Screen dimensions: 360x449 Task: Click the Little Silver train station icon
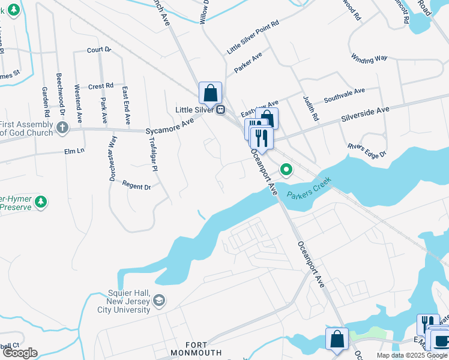tap(221, 110)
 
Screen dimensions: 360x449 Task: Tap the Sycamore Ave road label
tap(171, 126)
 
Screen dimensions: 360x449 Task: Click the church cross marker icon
tap(62, 127)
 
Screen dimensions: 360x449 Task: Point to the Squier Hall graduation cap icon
tap(159, 301)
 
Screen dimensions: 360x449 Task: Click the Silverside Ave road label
tap(366, 114)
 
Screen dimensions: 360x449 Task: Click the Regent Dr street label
tap(136, 186)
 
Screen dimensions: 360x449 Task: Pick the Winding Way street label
tap(369, 59)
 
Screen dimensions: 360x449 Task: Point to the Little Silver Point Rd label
tap(253, 38)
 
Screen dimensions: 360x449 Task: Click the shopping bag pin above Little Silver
tap(210, 93)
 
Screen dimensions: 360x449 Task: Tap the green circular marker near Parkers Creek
tap(287, 171)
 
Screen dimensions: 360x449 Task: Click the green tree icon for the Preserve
tap(41, 202)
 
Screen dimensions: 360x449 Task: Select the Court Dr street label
tap(99, 50)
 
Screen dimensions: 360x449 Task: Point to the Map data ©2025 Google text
tap(412, 355)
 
